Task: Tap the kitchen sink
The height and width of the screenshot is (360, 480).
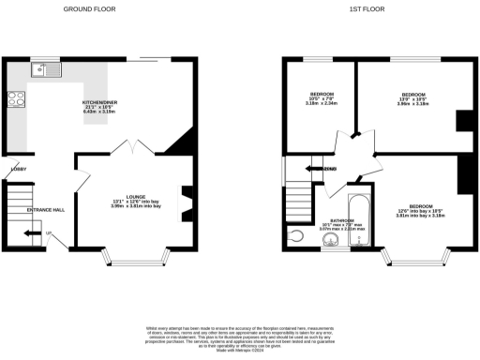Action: pos(45,69)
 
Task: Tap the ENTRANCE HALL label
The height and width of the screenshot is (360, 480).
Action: pos(45,209)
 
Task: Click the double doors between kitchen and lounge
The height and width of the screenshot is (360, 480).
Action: pos(127,146)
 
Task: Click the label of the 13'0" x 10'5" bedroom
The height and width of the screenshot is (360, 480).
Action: pos(413,99)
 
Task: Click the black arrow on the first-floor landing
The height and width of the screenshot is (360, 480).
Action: pos(319,169)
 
